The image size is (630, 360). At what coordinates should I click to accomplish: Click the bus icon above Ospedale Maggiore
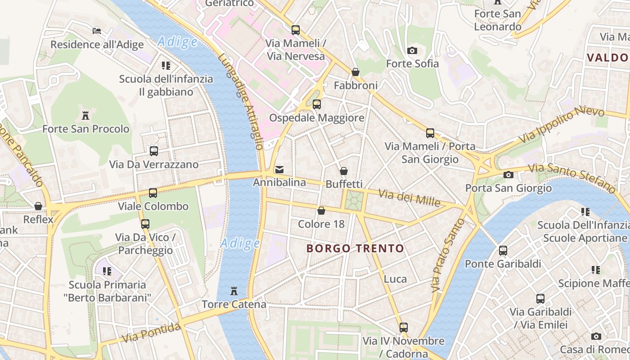pyautogui.click(x=317, y=104)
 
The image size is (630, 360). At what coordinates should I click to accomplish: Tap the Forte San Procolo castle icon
pyautogui.click(x=85, y=116)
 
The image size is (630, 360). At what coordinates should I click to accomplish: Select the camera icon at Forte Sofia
pyautogui.click(x=412, y=50)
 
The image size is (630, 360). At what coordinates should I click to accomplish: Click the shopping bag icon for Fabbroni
pyautogui.click(x=355, y=72)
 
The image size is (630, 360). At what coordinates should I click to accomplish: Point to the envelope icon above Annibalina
pyautogui.click(x=279, y=170)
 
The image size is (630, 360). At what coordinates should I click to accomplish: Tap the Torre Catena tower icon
pyautogui.click(x=234, y=291)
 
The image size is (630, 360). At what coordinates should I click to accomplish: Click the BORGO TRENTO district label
pyautogui.click(x=355, y=248)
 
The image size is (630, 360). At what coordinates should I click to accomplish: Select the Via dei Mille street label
pyautogui.click(x=409, y=198)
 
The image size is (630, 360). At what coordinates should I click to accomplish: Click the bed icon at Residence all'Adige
pyautogui.click(x=97, y=31)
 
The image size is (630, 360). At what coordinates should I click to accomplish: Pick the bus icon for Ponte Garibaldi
pyautogui.click(x=503, y=251)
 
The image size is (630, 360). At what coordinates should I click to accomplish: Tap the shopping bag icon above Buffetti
pyautogui.click(x=344, y=171)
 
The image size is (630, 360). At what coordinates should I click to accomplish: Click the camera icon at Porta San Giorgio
pyautogui.click(x=508, y=175)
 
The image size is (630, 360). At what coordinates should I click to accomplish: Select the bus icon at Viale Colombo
pyautogui.click(x=153, y=193)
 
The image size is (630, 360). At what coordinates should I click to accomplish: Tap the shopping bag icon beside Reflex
pyautogui.click(x=38, y=206)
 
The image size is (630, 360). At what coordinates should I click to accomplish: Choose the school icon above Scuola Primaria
pyautogui.click(x=107, y=271)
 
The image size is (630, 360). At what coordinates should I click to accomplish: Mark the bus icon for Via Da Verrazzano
pyautogui.click(x=154, y=151)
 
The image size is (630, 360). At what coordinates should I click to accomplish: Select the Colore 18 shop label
pyautogui.click(x=321, y=224)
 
